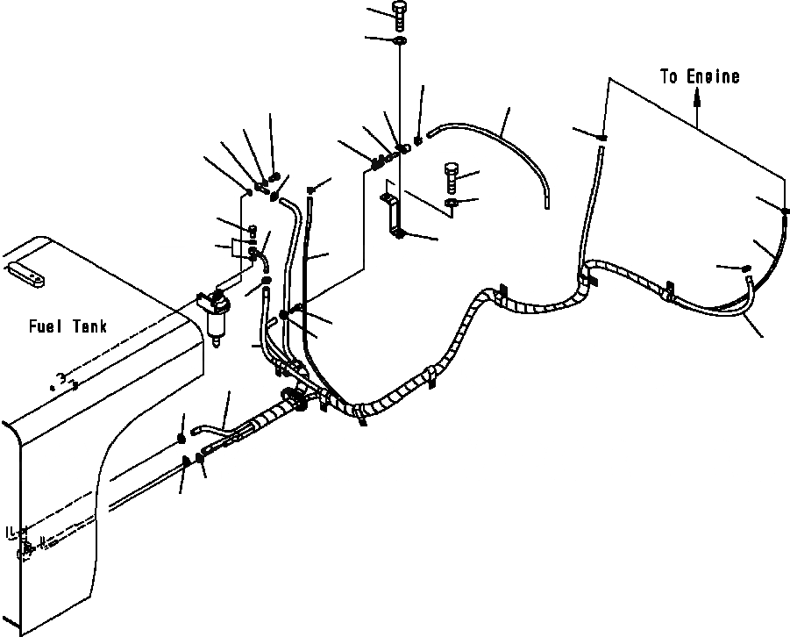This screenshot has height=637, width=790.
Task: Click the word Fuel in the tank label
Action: pyautogui.click(x=43, y=327)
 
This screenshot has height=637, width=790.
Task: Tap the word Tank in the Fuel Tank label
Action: pyautogui.click(x=89, y=327)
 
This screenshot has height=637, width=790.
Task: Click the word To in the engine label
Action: pyautogui.click(x=670, y=77)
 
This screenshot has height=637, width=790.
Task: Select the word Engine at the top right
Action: pyautogui.click(x=713, y=77)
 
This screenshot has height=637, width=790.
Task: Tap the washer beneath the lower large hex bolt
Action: pyautogui.click(x=452, y=204)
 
